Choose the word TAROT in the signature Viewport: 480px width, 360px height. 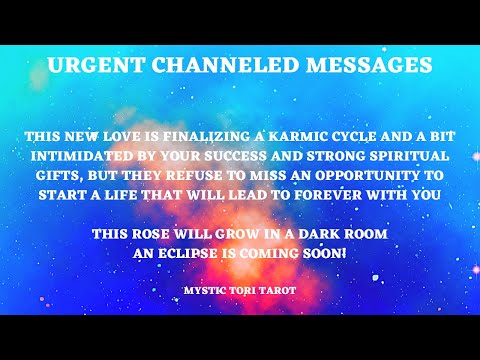coord(277,290)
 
